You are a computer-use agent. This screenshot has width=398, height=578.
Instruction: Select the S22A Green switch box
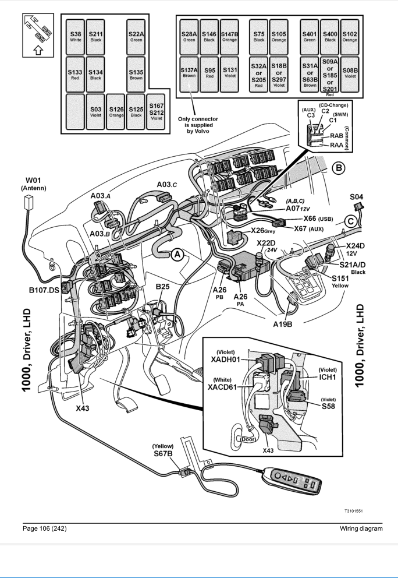coord(137,38)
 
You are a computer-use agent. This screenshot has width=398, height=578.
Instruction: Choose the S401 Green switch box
coord(309,38)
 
